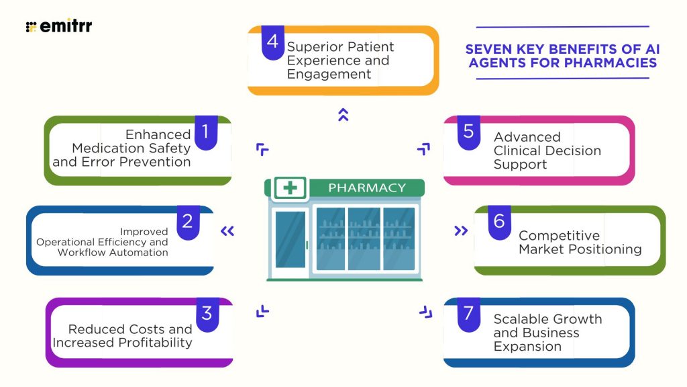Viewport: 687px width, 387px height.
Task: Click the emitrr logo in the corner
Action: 59,27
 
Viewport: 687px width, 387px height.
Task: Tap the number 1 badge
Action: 206,132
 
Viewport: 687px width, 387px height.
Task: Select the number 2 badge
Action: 188,222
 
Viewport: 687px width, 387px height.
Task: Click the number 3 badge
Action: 207,313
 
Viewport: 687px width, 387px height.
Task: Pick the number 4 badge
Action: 272,42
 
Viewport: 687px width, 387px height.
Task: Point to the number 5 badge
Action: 468,132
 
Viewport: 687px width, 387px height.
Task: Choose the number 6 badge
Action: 499,222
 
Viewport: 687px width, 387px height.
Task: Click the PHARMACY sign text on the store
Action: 366,187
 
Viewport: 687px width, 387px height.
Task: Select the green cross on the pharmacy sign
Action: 290,187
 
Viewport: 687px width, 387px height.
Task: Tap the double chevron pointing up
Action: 343,114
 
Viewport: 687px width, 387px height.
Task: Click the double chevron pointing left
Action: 227,231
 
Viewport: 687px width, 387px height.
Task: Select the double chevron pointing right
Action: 460,231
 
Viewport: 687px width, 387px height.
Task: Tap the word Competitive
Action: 559,236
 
